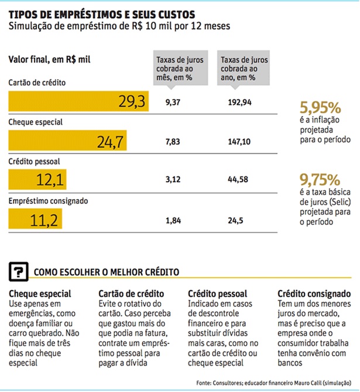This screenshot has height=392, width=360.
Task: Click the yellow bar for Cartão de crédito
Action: click(x=78, y=103)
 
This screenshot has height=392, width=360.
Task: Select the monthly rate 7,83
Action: click(x=173, y=142)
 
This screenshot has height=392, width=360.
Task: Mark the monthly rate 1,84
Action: click(x=173, y=220)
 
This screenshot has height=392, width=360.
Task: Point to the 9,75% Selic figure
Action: click(x=320, y=178)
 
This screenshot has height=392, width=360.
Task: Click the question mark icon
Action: click(x=19, y=271)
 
